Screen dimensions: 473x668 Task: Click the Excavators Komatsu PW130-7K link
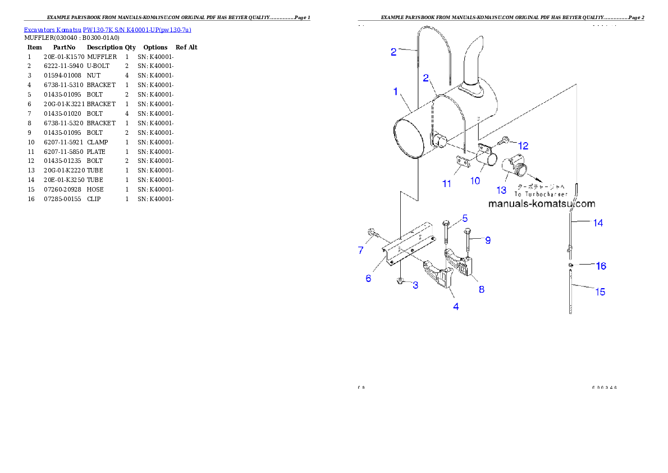(x=107, y=30)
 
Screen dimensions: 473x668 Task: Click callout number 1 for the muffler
(x=396, y=91)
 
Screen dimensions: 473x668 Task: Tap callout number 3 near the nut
(x=415, y=285)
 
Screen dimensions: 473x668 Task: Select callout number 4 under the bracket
(x=456, y=306)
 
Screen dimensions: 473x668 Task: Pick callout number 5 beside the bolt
(x=465, y=218)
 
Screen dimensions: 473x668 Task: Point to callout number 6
(x=368, y=279)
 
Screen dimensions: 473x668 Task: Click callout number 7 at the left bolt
(x=361, y=251)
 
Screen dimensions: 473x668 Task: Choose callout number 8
(x=481, y=289)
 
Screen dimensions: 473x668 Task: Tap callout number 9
(x=488, y=240)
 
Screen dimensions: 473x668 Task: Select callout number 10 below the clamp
(x=475, y=180)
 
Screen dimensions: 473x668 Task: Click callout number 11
(x=446, y=184)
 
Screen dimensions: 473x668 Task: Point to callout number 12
(x=523, y=145)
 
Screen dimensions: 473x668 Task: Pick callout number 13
(x=501, y=190)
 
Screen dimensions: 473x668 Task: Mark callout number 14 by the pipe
(x=598, y=223)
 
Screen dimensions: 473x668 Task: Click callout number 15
(x=600, y=292)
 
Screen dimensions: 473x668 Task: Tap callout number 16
(x=601, y=266)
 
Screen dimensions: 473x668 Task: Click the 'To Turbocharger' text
(x=542, y=194)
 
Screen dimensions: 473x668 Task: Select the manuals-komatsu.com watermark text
(x=542, y=204)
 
